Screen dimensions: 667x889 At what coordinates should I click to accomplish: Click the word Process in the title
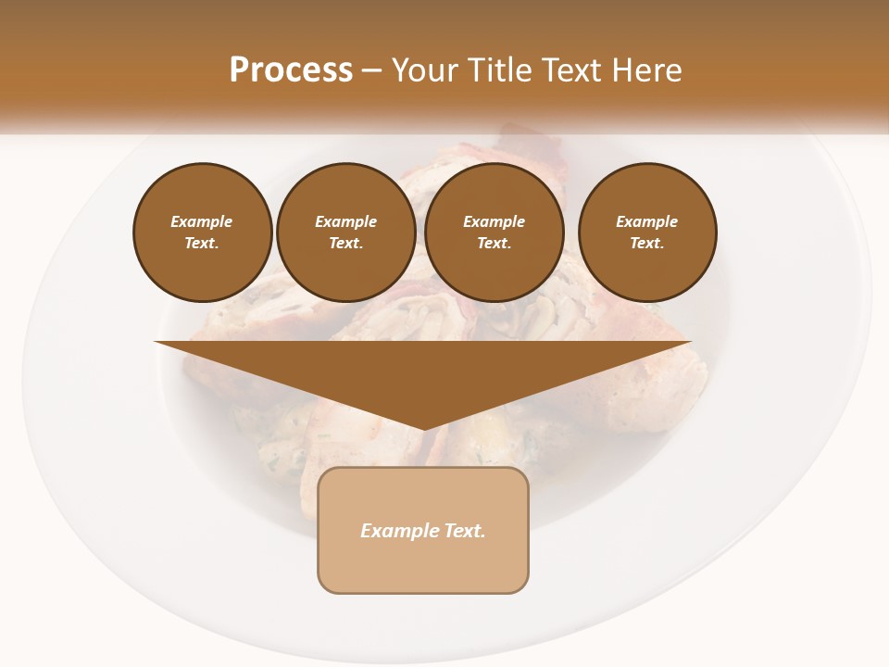[291, 70]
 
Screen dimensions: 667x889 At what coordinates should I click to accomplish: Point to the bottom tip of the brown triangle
[423, 428]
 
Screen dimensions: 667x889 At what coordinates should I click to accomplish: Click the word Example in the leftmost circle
[202, 221]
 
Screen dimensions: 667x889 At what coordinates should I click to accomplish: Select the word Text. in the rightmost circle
[646, 243]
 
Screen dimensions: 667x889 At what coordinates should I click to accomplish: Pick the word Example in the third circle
[494, 221]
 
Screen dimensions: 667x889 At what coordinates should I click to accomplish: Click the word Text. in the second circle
[345, 243]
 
